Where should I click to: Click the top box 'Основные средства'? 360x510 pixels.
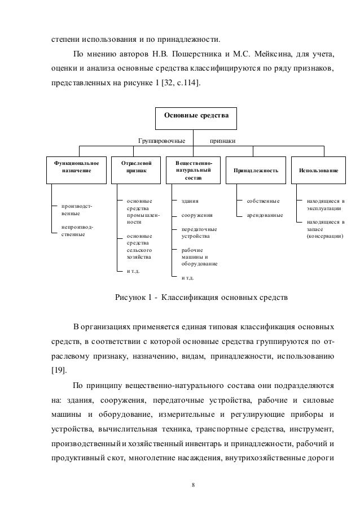coord(196,116)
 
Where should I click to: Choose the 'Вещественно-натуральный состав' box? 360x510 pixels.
coord(194,169)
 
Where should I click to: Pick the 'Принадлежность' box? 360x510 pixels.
coord(252,169)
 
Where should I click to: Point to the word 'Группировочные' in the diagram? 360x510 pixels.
coord(162,139)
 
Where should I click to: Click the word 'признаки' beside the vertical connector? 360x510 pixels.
coord(223,139)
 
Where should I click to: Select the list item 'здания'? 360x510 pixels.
coord(190,200)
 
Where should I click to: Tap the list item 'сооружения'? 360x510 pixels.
coord(196,215)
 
